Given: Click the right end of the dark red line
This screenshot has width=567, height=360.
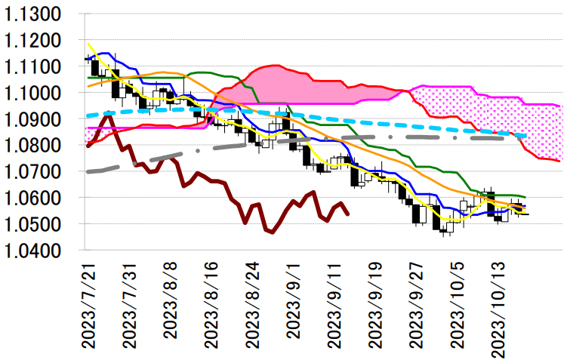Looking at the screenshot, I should pos(347,214).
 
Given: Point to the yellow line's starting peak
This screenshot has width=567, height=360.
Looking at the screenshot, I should pos(88,44).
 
